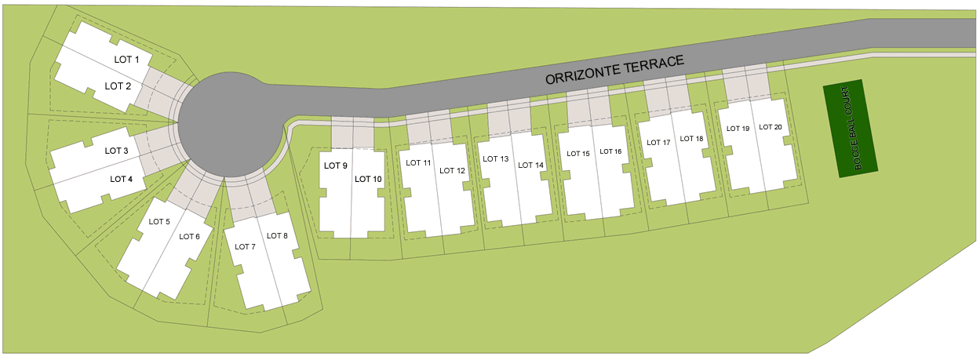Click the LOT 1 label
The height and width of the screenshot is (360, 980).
point(126,60)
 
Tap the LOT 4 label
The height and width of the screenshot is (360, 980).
point(121,179)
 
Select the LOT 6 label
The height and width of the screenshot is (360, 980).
point(189,237)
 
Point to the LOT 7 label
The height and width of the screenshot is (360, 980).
point(245,247)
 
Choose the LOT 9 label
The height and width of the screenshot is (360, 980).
point(336,165)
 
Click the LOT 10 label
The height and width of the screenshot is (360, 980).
point(368,179)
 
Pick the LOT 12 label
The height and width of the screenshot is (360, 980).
point(453,171)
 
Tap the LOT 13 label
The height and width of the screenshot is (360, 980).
point(496,158)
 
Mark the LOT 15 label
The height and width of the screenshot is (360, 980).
point(578,154)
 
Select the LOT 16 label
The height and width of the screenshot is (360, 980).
point(610,151)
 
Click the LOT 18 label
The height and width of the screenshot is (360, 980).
point(692,139)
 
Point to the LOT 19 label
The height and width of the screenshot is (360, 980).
point(738,129)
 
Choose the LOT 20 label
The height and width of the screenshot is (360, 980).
point(771,127)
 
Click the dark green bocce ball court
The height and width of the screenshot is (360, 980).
point(851,129)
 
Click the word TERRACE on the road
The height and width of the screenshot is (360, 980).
point(654,64)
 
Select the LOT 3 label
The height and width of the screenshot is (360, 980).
point(116,151)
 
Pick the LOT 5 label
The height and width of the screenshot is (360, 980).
point(159,222)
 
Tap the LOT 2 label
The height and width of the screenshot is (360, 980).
point(118,86)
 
